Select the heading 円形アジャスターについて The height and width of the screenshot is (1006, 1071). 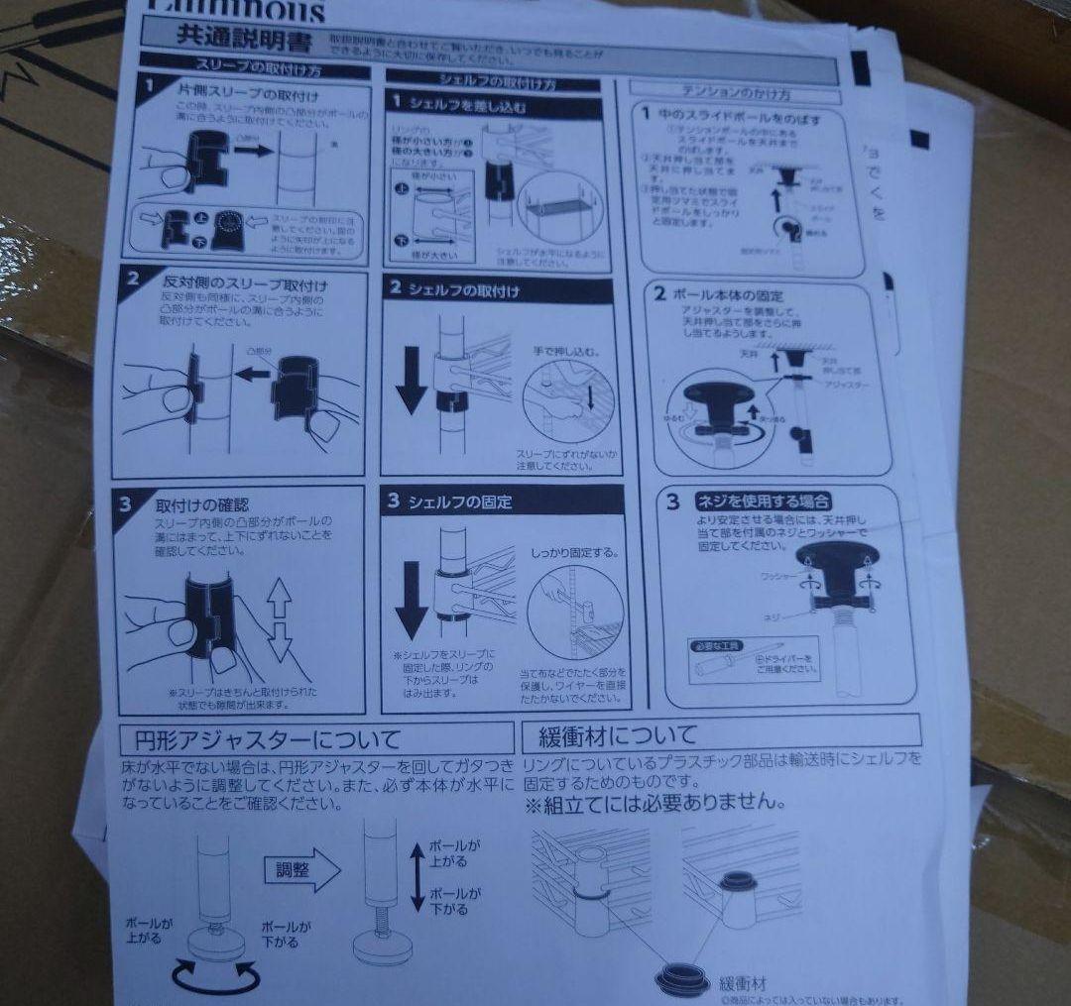point(262,739)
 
